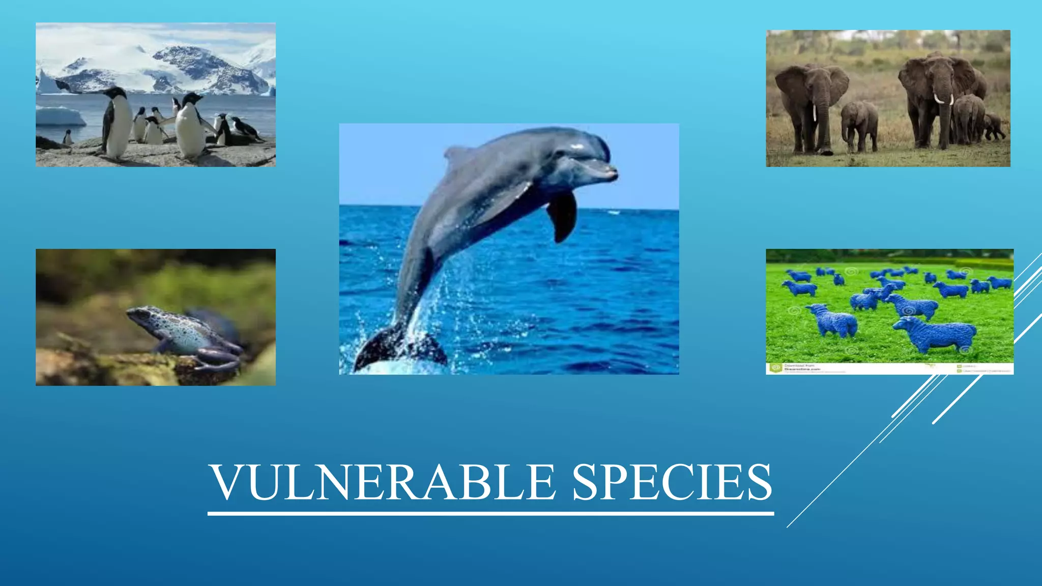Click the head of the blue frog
[140, 315]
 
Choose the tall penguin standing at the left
[117, 122]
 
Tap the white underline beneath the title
[490, 514]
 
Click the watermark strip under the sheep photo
[889, 368]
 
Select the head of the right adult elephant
[939, 76]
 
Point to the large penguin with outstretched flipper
[190, 125]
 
